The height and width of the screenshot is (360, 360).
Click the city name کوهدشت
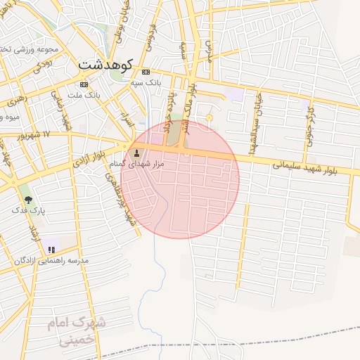click(106, 65)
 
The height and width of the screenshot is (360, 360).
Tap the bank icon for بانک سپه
click(146, 72)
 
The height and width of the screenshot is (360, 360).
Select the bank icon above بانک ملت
click(84, 84)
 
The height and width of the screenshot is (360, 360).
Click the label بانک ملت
click(85, 94)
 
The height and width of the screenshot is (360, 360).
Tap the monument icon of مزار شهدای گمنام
click(136, 153)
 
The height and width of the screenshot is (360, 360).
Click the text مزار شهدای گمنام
click(136, 163)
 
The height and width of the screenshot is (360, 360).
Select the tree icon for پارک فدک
click(28, 200)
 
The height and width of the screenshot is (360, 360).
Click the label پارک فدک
click(29, 210)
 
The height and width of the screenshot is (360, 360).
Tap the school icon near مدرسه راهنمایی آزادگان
click(51, 249)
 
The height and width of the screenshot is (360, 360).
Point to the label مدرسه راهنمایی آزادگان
click(51, 260)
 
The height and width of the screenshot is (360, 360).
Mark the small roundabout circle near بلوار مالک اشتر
click(209, 117)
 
